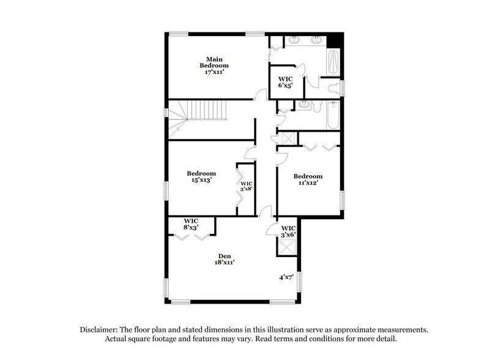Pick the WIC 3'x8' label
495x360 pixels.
(x=246, y=186)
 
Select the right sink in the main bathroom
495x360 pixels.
(x=317, y=40)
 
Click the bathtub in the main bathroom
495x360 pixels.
(x=333, y=62)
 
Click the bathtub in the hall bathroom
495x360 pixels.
(x=332, y=116)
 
